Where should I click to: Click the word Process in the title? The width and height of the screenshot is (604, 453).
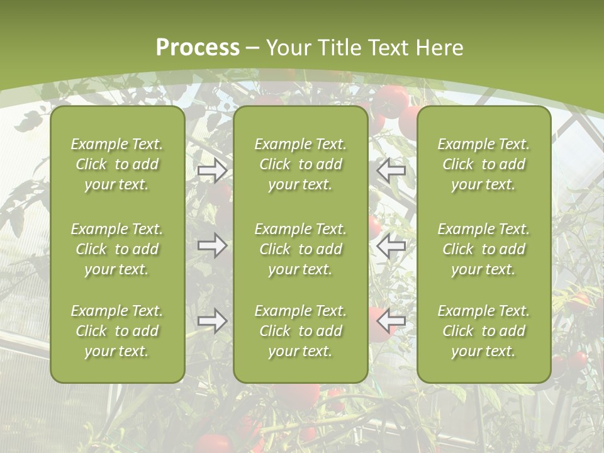[198, 48]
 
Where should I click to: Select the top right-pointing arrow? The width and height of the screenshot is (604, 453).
[213, 171]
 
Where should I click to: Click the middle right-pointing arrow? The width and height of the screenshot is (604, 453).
[213, 245]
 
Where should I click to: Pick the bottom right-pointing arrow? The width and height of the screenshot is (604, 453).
[213, 321]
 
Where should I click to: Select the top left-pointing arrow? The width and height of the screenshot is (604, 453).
[391, 171]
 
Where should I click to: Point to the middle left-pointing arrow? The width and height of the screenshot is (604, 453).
[391, 245]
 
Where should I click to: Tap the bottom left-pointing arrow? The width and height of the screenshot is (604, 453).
[391, 321]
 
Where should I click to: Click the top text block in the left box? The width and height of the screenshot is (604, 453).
[117, 164]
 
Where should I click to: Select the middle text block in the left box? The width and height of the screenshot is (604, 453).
[117, 249]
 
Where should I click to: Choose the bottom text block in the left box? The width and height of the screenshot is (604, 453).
[117, 331]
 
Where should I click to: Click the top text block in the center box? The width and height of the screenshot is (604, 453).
[300, 164]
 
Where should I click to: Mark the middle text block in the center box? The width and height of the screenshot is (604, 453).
[300, 249]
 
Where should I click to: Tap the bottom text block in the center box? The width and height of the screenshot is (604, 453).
[300, 331]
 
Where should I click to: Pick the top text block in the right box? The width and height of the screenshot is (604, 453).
[483, 164]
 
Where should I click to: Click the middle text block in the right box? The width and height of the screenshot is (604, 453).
[483, 249]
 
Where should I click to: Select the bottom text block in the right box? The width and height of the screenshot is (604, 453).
[483, 331]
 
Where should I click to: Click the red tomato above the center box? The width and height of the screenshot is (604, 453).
[392, 101]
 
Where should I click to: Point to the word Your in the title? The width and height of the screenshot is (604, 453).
[286, 48]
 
